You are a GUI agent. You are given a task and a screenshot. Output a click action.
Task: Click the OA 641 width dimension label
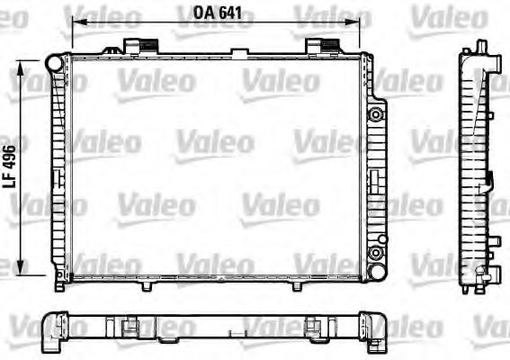219,13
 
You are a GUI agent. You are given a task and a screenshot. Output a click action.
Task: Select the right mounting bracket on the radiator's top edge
321,46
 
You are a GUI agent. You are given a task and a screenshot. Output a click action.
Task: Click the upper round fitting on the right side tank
376,113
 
